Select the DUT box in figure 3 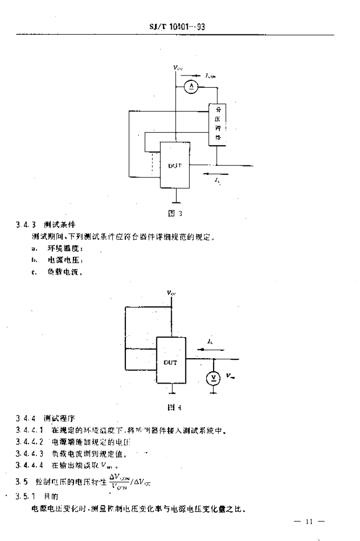click(x=175, y=165)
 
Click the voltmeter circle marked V click(x=213, y=377)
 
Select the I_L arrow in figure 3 click(x=217, y=173)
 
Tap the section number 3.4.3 click(x=25, y=225)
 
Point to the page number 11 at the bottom click(x=309, y=522)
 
